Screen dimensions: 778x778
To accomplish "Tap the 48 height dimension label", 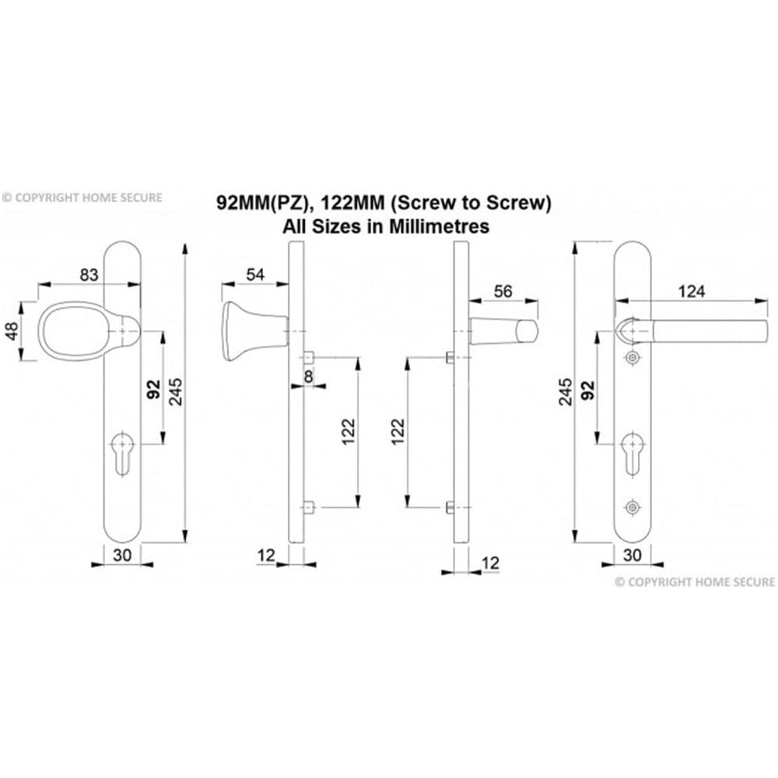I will (x=11, y=331).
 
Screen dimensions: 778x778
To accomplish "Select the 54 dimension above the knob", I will (x=255, y=274).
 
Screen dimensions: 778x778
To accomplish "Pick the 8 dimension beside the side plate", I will (x=309, y=377).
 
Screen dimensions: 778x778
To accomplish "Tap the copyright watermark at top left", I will (x=82, y=198).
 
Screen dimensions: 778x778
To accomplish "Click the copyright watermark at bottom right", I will (x=695, y=581).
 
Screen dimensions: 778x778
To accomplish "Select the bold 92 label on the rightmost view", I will (x=589, y=388).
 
